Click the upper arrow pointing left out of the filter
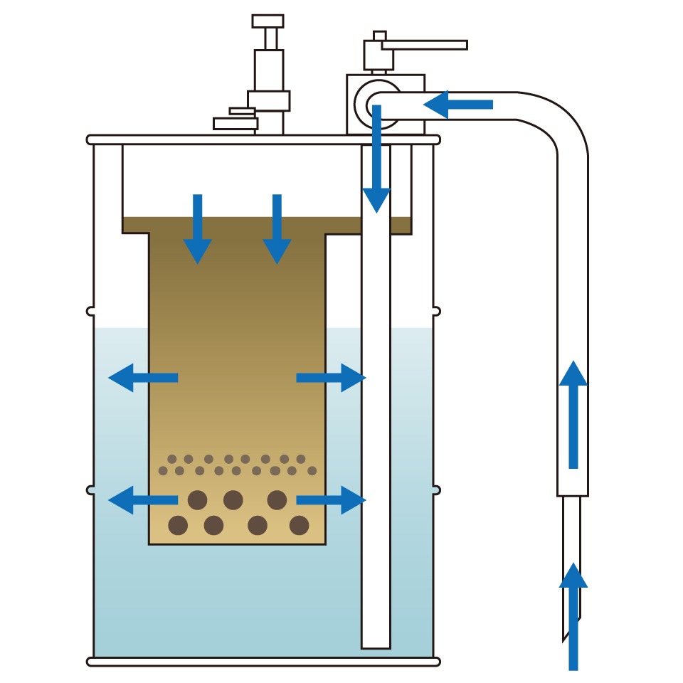click(x=142, y=377)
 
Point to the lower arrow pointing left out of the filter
click(x=142, y=499)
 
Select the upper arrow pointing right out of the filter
click(x=332, y=377)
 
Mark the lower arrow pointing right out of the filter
click(x=332, y=499)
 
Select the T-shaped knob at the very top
click(x=268, y=21)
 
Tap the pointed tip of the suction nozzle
click(x=566, y=637)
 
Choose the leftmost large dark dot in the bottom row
click(x=178, y=526)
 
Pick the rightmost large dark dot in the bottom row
click(x=300, y=526)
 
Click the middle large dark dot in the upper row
click(x=233, y=500)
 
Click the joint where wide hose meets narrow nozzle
click(x=573, y=495)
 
